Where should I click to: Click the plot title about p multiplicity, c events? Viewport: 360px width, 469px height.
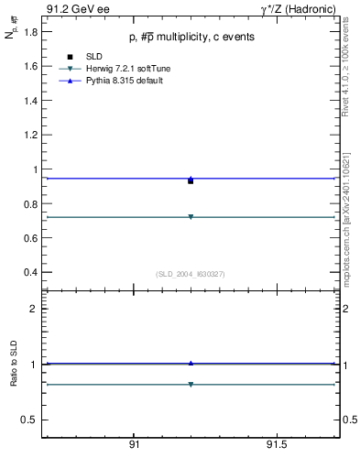pos(191,37)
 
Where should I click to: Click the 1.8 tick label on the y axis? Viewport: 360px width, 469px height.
pos(31,32)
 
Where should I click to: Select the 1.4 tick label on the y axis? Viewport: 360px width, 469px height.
pos(31,101)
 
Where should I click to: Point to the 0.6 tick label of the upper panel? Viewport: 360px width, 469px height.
pos(31,238)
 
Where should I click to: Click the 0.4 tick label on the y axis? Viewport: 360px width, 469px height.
pos(31,272)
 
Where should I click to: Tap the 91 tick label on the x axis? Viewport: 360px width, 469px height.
pos(134,445)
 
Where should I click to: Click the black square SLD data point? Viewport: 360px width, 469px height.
pos(191,181)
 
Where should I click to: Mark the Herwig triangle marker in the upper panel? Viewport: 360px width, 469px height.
pos(191,217)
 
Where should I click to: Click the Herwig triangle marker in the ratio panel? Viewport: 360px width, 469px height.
pos(191,385)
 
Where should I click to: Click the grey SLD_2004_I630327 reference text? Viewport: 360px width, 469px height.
pos(191,274)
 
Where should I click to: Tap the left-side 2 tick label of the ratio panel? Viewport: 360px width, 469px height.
pos(34,309)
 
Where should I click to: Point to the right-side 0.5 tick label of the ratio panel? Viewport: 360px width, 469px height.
pos(347,420)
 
